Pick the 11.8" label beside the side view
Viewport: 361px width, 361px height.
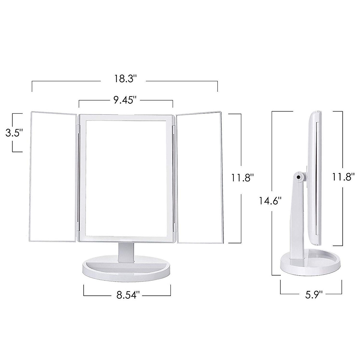click(343, 177)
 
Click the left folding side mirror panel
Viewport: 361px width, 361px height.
click(53, 176)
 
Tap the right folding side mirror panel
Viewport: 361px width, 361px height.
click(199, 176)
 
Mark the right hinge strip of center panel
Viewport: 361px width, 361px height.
click(174, 177)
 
